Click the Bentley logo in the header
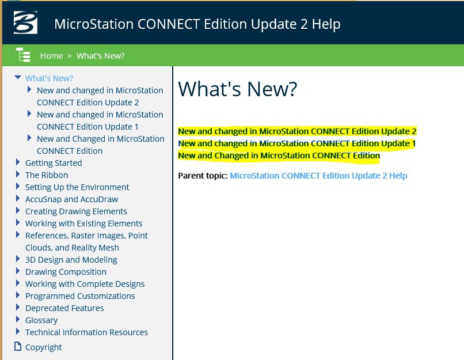(25, 22)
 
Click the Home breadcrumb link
(51, 56)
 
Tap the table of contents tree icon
(23, 55)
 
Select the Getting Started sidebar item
(54, 163)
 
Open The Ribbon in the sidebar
(47, 175)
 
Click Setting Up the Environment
(77, 187)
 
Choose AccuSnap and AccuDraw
(71, 199)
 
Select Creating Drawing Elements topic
(76, 211)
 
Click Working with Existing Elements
(83, 223)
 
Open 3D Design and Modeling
(71, 260)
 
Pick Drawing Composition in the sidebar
(66, 272)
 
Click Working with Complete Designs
(85, 284)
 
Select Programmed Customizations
(80, 296)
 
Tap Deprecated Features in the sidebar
(64, 308)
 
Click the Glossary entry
(41, 320)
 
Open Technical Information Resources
(86, 332)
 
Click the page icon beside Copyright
(18, 346)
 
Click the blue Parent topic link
(318, 176)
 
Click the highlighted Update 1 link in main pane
(297, 143)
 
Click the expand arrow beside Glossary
(18, 319)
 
